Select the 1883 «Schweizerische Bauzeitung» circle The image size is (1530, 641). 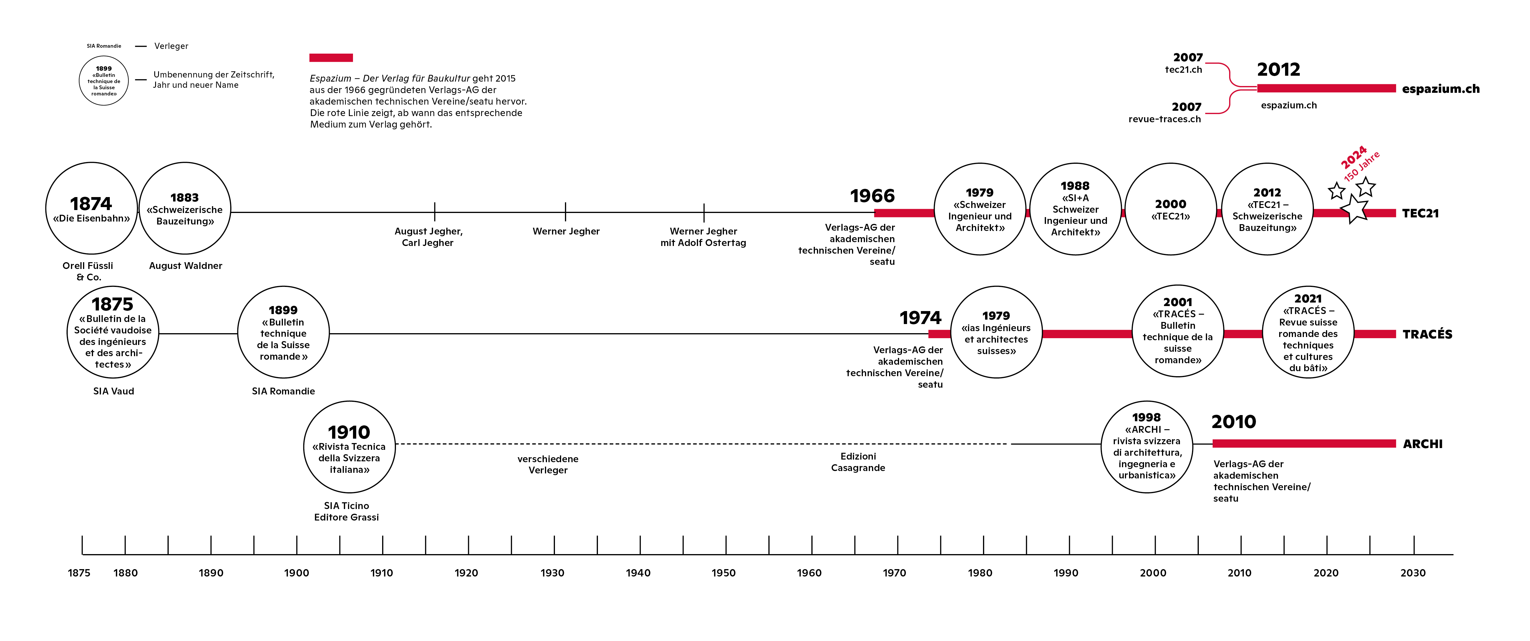[x=185, y=209]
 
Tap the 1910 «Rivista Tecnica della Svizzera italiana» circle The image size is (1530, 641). [x=349, y=447]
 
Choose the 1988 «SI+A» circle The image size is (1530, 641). [x=1075, y=209]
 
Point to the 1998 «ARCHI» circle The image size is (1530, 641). [x=1146, y=447]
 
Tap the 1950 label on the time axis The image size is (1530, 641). [x=723, y=573]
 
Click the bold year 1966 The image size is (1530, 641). [x=872, y=196]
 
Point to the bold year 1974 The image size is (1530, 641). [x=920, y=318]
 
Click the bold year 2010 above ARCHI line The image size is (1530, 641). [x=1234, y=422]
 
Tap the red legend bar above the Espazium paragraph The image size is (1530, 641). [x=331, y=58]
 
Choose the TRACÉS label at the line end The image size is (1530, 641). [x=1427, y=334]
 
